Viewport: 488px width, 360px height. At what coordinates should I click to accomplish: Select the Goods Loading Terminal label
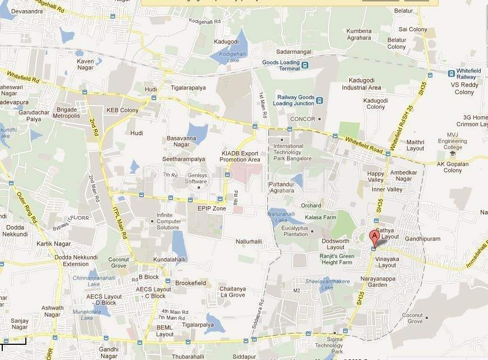(281, 65)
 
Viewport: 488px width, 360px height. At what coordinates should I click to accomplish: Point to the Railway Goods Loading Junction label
(293, 100)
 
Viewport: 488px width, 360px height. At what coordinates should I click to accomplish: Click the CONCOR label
(302, 119)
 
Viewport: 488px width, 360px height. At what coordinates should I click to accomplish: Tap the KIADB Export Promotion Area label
(240, 156)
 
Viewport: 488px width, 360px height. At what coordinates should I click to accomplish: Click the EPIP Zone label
(212, 208)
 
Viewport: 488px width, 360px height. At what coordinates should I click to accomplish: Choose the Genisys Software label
(196, 178)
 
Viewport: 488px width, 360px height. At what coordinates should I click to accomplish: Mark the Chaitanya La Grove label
(232, 292)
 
